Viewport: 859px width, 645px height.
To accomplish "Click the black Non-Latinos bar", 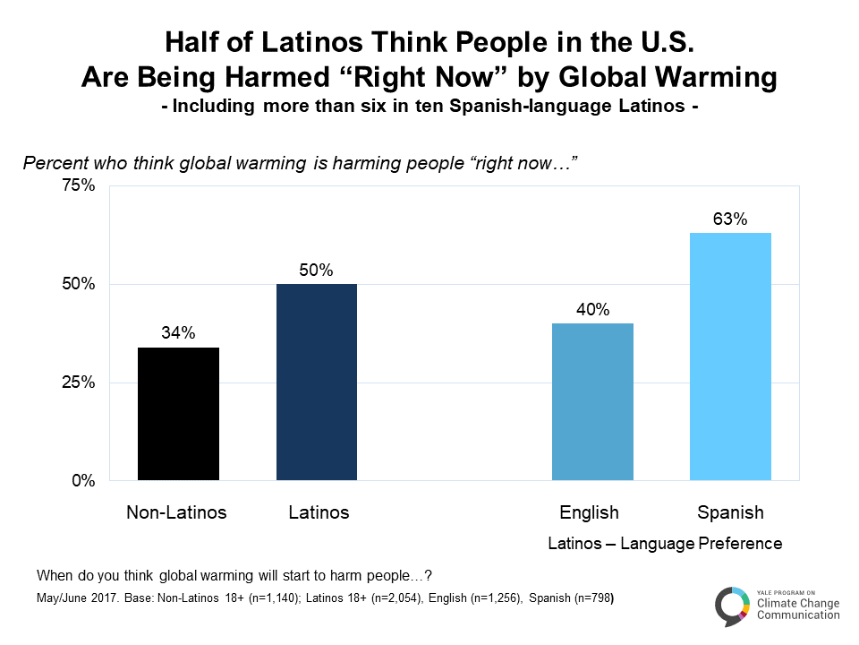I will pos(178,414).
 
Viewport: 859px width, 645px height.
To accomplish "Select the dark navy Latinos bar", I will pos(317,383).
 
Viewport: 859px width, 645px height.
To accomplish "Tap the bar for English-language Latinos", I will pos(592,402).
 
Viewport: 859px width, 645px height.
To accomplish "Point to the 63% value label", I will pos(730,219).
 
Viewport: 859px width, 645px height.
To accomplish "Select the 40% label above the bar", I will pos(592,310).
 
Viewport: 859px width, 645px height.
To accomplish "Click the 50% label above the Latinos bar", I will pos(317,271).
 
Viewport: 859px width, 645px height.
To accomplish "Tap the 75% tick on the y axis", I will pos(77,186).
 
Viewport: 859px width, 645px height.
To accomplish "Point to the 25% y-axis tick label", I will pos(77,383).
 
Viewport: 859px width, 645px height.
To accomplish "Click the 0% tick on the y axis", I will pos(82,481).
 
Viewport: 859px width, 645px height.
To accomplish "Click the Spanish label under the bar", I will pos(730,513).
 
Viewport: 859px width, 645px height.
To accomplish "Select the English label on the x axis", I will pos(589,513).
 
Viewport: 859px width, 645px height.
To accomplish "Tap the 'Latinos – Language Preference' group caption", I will pos(665,544).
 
